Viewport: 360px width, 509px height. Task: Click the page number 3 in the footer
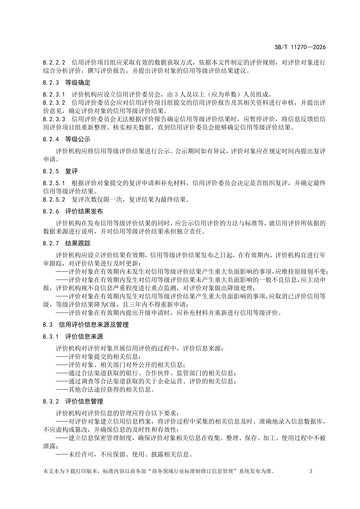tap(311, 471)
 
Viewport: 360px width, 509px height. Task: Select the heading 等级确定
tap(78, 82)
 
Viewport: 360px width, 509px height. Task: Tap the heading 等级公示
tap(78, 139)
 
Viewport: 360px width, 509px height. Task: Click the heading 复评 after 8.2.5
tap(71, 171)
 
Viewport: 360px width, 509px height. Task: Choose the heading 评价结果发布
tap(84, 211)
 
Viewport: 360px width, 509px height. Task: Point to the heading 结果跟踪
tap(78, 243)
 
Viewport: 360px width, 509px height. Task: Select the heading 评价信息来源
tap(84, 336)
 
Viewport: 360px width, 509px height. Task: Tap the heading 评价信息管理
tap(84, 401)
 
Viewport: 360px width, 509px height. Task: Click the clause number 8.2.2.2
tap(54, 62)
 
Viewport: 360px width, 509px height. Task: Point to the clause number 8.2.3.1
tap(54, 94)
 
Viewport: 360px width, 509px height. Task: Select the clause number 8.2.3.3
tap(54, 119)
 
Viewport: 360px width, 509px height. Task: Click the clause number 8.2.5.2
tap(54, 200)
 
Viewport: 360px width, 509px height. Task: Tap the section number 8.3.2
tap(51, 401)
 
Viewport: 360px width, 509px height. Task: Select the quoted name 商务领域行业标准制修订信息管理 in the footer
tap(194, 471)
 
